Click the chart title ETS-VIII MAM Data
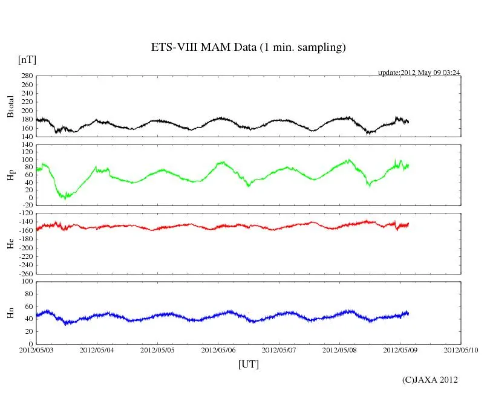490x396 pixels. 248,48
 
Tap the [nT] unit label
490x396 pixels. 27,60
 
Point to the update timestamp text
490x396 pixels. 419,73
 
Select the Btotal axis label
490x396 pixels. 10,106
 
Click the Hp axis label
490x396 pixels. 10,175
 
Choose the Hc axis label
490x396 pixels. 10,243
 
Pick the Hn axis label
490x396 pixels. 10,313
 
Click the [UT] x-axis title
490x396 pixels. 248,364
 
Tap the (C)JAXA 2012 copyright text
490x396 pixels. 430,380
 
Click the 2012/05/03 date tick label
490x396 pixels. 36,350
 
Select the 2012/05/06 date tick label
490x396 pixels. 218,350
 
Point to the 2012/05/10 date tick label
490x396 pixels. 460,350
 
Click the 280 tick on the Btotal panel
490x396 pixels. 27,76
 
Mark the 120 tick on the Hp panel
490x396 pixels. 27,144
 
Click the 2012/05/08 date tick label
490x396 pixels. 339,350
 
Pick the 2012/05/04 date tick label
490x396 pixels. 97,350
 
